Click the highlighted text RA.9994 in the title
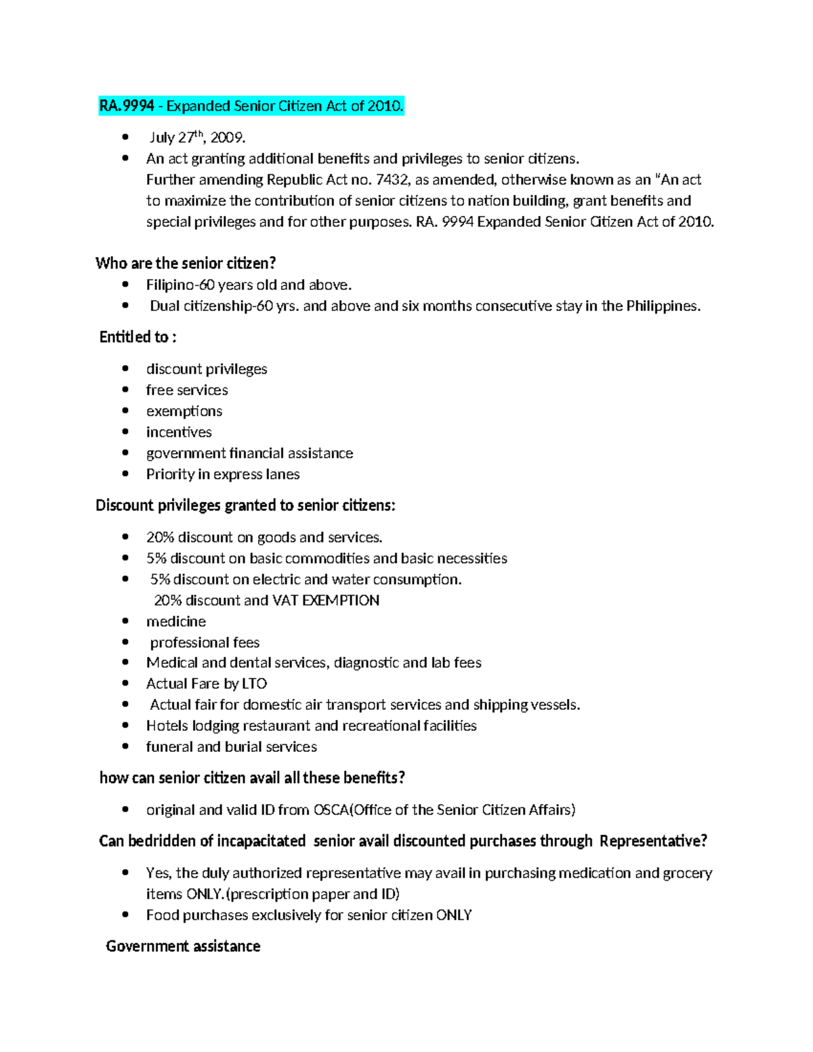click(127, 106)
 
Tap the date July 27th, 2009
click(197, 138)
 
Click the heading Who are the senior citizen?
click(186, 264)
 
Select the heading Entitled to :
click(138, 337)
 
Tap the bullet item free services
click(187, 390)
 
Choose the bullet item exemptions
click(184, 411)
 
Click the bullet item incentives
click(179, 432)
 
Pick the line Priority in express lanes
click(223, 474)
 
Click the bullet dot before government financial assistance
click(125, 453)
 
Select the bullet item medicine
click(175, 622)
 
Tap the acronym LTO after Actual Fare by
click(254, 684)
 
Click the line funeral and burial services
click(231, 747)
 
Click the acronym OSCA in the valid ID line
click(330, 810)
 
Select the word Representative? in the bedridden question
click(653, 841)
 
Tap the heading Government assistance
click(183, 947)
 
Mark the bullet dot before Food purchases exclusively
click(125, 915)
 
